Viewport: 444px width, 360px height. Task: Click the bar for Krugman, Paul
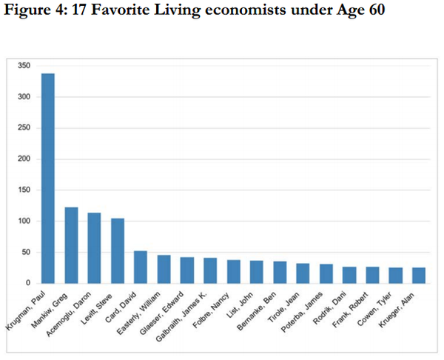pyautogui.click(x=47, y=178)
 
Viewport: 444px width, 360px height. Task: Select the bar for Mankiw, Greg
pyautogui.click(x=71, y=245)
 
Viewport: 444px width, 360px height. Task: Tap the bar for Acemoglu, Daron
pyautogui.click(x=94, y=248)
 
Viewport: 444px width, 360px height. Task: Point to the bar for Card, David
pyautogui.click(x=140, y=267)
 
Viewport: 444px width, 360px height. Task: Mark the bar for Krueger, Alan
pyautogui.click(x=418, y=275)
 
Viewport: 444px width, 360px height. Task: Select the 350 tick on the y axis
pyautogui.click(x=24, y=66)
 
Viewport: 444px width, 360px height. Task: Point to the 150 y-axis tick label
pyautogui.click(x=24, y=190)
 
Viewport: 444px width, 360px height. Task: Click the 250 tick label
pyautogui.click(x=24, y=128)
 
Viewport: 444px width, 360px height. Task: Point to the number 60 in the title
pyautogui.click(x=375, y=13)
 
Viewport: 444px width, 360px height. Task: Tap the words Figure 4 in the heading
pyautogui.click(x=32, y=13)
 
